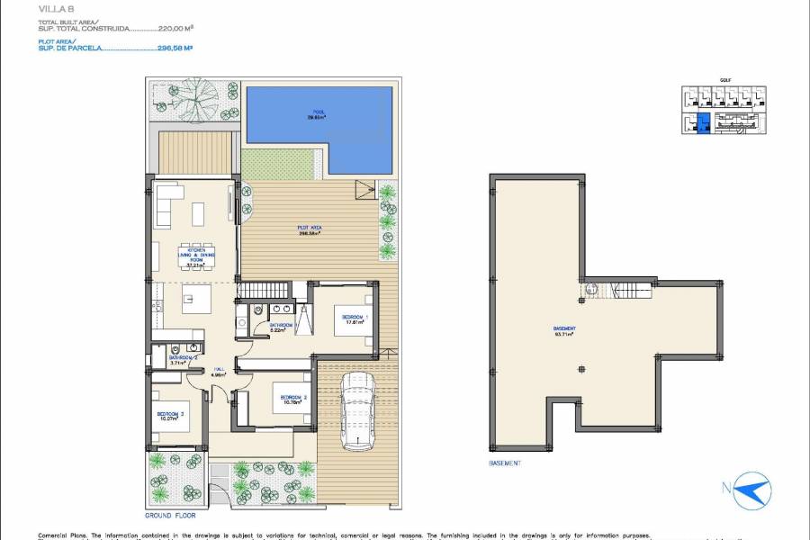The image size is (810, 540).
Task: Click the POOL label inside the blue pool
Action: (x=319, y=113)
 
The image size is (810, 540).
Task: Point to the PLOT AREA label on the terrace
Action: (x=310, y=229)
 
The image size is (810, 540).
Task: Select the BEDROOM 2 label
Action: (x=293, y=399)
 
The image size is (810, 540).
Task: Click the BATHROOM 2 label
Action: (x=183, y=359)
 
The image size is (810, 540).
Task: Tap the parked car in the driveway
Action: (x=356, y=411)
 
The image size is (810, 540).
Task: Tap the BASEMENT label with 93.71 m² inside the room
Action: (x=565, y=330)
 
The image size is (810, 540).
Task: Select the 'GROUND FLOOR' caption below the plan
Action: (x=170, y=516)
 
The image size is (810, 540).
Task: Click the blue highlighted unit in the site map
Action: (x=704, y=124)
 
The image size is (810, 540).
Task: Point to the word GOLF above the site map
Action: (x=724, y=80)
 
